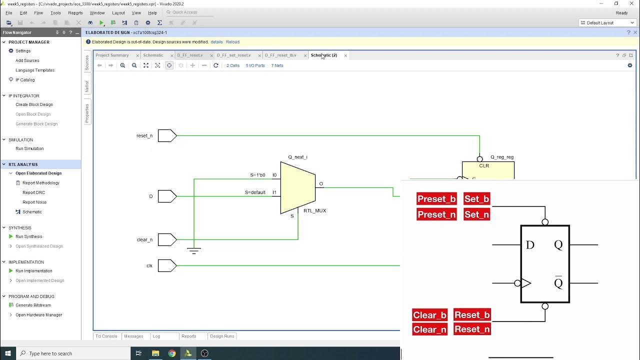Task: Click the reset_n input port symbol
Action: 167,135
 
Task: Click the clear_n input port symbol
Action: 167,239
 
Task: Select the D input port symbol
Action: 167,196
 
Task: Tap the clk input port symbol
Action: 167,265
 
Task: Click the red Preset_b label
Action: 436,199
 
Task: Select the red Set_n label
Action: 476,214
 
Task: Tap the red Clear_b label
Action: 429,315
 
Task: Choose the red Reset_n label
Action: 472,329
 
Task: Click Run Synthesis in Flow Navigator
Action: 28,236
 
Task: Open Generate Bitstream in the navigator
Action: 33,305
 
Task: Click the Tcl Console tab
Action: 106,336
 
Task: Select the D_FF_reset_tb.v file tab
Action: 280,55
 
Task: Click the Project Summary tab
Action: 112,55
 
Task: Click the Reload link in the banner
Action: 232,42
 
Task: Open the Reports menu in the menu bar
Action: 75,13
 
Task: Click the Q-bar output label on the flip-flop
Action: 558,283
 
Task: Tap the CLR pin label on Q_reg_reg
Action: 483,165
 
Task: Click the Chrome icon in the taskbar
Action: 172,353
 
